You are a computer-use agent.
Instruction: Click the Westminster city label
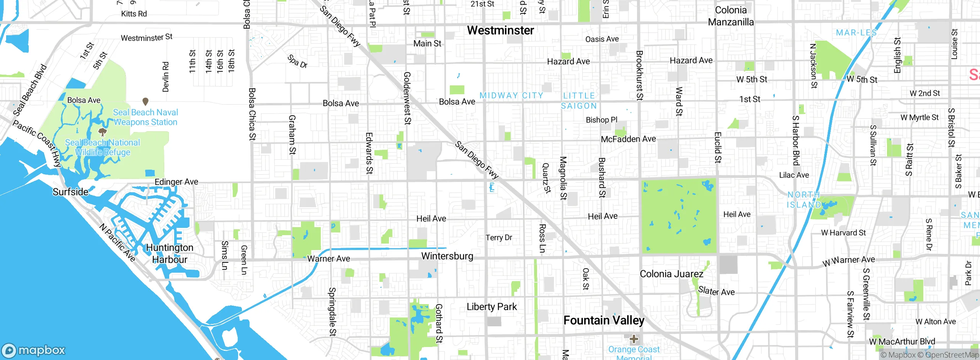tap(500, 30)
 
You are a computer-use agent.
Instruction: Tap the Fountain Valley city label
tap(604, 320)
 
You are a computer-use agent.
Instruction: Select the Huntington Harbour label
tap(170, 254)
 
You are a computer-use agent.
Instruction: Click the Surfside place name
tap(70, 192)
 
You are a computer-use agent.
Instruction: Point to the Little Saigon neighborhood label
tap(579, 101)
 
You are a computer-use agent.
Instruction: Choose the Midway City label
tap(511, 95)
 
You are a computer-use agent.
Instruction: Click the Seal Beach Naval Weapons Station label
tap(145, 117)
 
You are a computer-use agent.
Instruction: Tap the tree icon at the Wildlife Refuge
tap(102, 132)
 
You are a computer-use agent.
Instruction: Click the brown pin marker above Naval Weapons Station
tap(145, 101)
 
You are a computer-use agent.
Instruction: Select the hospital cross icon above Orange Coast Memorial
tap(634, 339)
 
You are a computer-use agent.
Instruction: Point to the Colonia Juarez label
tap(671, 274)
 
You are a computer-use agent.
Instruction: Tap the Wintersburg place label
tap(447, 256)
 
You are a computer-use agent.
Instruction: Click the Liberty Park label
tap(492, 307)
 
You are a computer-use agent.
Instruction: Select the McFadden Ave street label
tap(628, 139)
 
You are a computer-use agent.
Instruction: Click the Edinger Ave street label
tap(176, 182)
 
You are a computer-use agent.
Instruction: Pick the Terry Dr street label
tap(498, 237)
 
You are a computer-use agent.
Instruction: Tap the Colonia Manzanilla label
tap(731, 16)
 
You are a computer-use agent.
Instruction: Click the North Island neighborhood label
tap(804, 200)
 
